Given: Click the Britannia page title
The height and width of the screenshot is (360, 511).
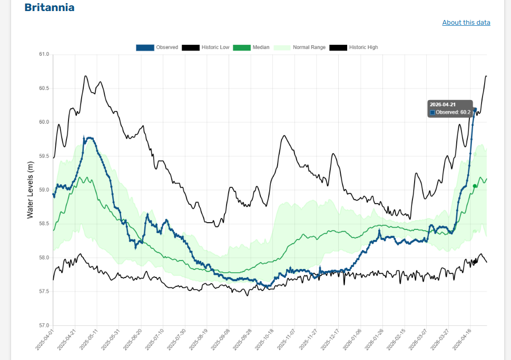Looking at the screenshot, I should pos(50,8).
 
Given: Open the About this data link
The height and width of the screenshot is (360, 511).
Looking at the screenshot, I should pos(466,23).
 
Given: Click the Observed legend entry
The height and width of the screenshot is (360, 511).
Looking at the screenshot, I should pos(157,47).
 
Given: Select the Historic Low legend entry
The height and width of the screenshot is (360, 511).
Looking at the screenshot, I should pos(205,47).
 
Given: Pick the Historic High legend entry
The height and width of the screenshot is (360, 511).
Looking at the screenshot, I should pos(353,47).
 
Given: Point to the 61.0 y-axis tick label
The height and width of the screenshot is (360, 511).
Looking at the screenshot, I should pos(44,54).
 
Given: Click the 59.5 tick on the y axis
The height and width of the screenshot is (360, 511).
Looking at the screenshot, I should pos(44,156).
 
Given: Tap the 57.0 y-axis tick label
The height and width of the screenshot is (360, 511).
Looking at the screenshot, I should pos(44,325).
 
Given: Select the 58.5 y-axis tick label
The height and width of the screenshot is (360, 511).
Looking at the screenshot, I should pos(44,224).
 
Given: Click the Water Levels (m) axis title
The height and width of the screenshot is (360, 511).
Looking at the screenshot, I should pos(30,190).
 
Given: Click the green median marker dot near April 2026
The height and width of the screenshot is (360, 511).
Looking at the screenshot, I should pos(475,186).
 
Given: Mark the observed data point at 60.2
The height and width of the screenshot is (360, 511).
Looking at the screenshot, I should pos(475,109).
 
